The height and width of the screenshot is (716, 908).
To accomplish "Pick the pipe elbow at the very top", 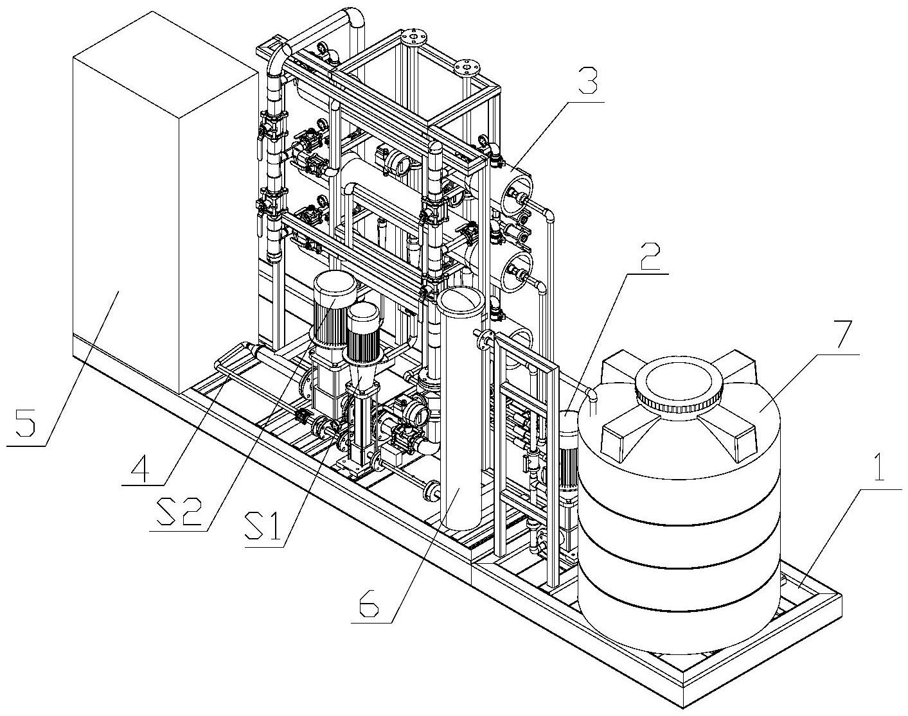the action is point(353,21).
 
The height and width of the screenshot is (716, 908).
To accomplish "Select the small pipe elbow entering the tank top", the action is point(592,396).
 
